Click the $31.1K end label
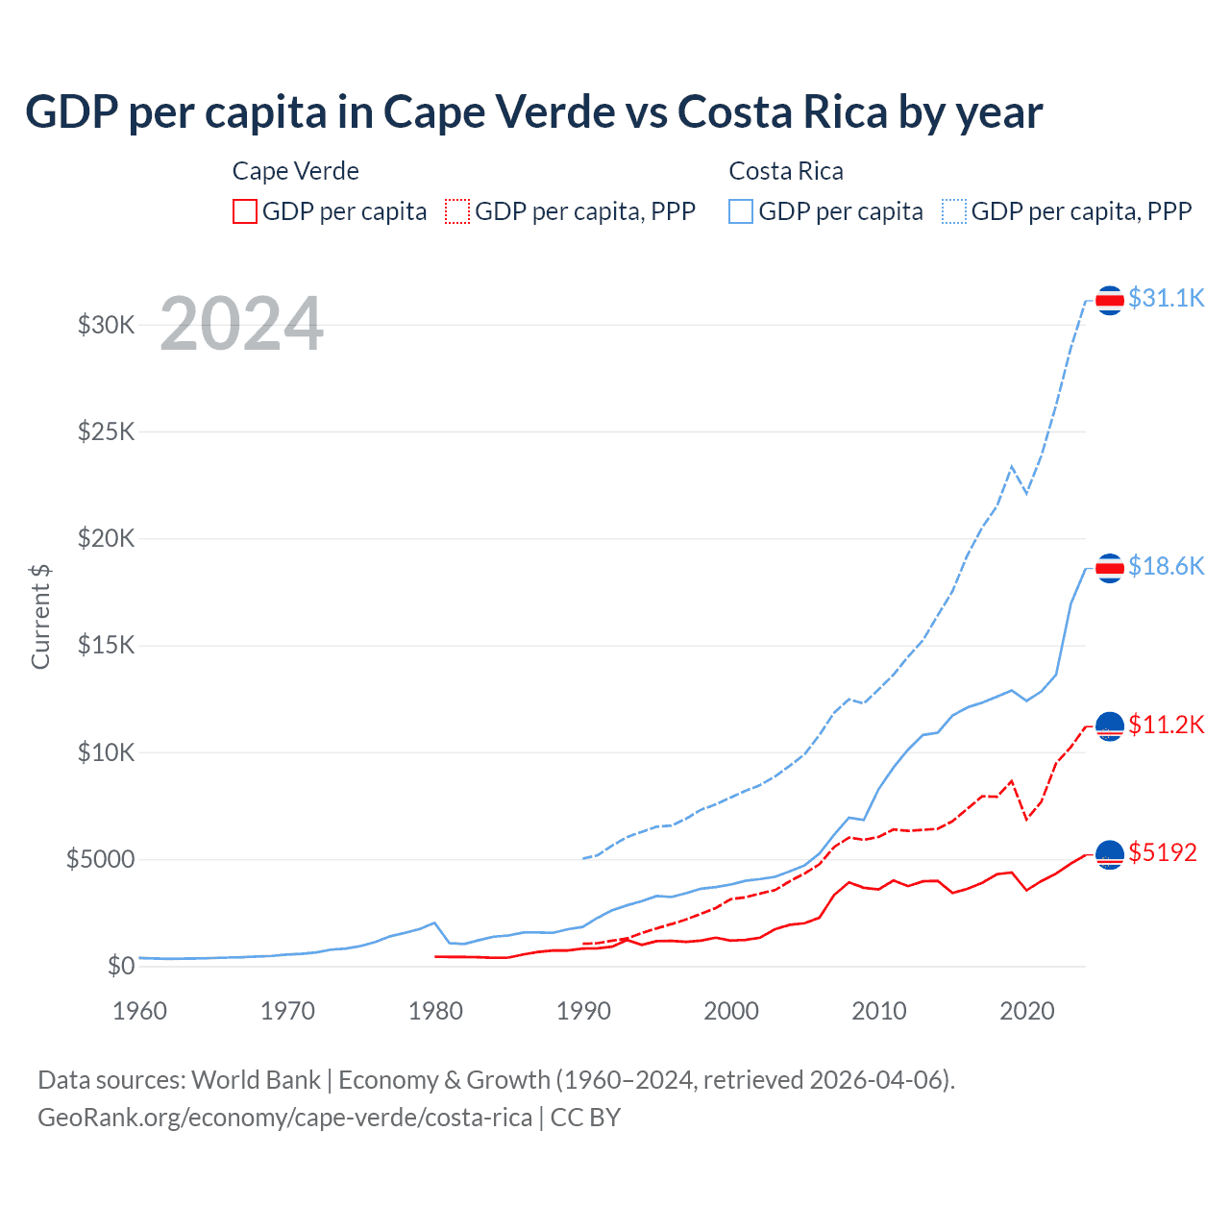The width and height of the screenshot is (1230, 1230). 1166,298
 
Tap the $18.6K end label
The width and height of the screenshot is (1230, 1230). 1166,566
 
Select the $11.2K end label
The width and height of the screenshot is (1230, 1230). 1166,725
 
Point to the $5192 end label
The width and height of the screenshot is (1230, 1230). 1163,852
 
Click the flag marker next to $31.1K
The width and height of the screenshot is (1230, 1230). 1110,301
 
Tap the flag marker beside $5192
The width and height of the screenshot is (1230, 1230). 1110,854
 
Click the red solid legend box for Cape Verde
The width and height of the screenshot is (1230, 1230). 245,211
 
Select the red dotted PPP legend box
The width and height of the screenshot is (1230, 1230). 457,211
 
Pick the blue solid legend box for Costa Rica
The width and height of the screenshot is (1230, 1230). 741,211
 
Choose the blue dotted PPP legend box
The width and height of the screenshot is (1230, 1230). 954,211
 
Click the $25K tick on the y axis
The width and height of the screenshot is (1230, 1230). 107,431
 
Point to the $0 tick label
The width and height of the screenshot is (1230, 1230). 120,966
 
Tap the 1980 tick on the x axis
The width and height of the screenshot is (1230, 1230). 435,1011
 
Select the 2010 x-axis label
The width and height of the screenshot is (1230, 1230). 879,1011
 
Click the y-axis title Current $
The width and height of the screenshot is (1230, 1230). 40,617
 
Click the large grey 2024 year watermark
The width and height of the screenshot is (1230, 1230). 241,324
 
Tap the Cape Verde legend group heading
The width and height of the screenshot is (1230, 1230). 296,171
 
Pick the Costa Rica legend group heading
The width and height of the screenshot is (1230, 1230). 786,171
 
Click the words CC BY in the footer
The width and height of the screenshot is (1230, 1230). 585,1118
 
